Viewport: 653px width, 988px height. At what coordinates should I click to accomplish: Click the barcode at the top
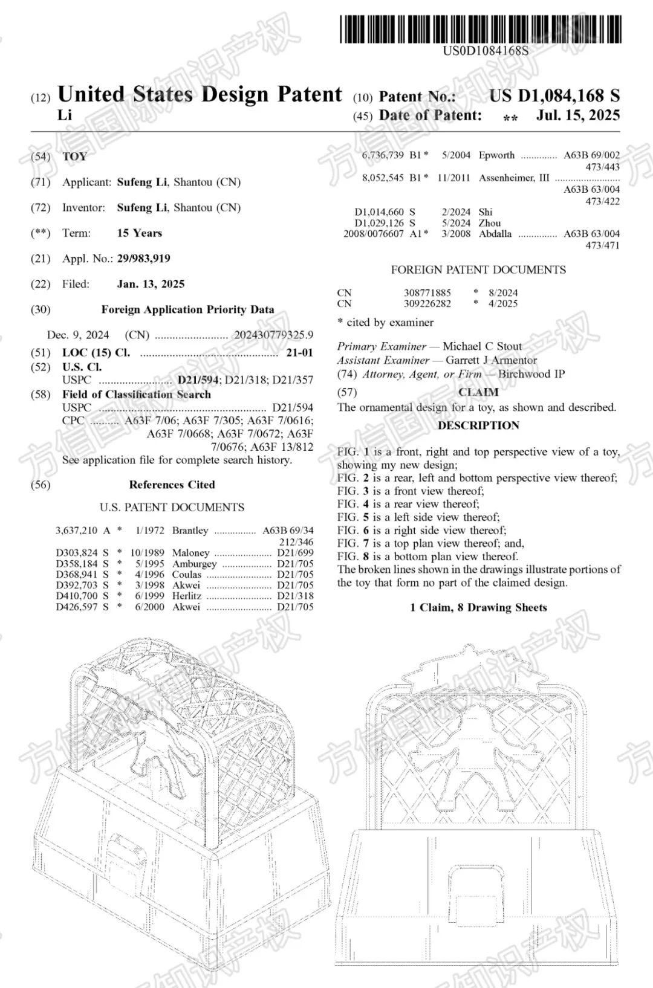(481, 29)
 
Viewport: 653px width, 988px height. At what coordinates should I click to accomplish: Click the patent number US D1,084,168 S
(554, 95)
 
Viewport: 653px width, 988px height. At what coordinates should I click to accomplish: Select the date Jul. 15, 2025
(577, 115)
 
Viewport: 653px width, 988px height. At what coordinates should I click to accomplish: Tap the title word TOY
(75, 157)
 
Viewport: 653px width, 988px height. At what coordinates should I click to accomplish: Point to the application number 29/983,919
(143, 259)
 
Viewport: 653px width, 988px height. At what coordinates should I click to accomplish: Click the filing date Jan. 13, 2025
(151, 284)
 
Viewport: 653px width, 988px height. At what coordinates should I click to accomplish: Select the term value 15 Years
(139, 233)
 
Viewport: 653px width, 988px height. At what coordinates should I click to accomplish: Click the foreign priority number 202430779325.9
(273, 335)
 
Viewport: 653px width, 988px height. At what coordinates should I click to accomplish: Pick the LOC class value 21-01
(299, 352)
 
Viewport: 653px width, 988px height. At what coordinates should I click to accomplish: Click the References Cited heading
(172, 485)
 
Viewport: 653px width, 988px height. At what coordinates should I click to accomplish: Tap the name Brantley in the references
(190, 531)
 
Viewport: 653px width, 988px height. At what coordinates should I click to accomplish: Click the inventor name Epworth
(496, 155)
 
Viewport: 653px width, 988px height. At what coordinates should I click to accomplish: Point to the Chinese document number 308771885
(427, 293)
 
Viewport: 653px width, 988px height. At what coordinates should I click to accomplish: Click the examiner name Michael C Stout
(482, 346)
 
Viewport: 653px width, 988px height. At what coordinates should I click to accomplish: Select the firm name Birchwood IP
(531, 374)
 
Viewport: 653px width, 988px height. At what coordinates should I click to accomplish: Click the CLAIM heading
(478, 392)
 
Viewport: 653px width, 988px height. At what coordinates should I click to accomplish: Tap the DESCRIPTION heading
(478, 425)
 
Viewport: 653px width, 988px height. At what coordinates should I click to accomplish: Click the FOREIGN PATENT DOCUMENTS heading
(478, 270)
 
